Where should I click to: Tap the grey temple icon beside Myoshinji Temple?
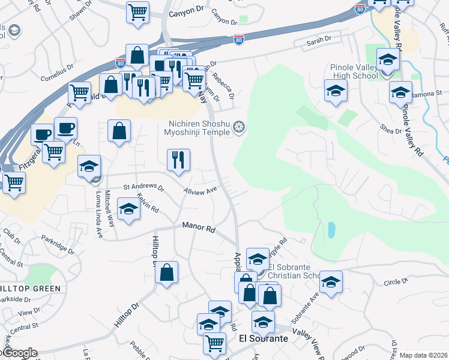(x=239, y=127)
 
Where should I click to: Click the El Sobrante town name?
(x=263, y=338)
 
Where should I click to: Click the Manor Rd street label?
(x=199, y=228)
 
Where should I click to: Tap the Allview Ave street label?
(x=200, y=191)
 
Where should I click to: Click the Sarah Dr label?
(x=319, y=40)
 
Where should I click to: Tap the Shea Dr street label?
(x=390, y=130)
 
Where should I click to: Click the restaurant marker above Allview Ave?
(x=178, y=160)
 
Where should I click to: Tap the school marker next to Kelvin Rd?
(x=128, y=209)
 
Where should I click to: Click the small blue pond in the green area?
(x=332, y=229)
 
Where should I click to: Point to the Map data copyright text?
(x=423, y=355)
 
